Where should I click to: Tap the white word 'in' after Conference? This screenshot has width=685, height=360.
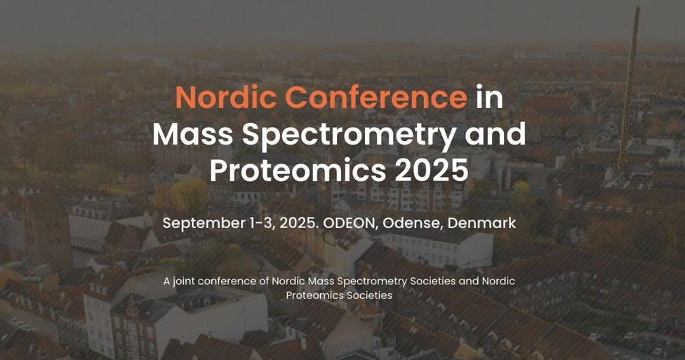(489, 97)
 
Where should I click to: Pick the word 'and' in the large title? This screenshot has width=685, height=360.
(496, 133)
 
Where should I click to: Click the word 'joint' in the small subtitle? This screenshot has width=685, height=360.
(185, 281)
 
